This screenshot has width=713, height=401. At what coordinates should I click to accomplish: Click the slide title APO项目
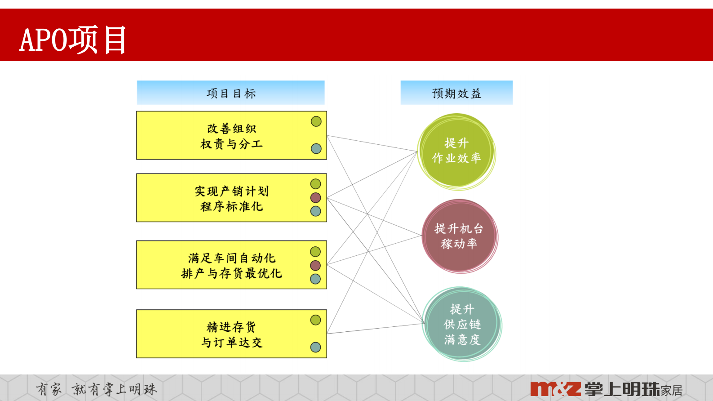[x=73, y=40]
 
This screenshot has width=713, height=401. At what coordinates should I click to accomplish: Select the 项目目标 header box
[x=230, y=93]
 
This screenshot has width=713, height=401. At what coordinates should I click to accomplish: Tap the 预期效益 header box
[x=456, y=93]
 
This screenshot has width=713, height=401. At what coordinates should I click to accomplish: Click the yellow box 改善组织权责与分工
[x=231, y=136]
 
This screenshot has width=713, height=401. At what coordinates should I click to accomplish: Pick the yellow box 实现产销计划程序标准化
[x=231, y=198]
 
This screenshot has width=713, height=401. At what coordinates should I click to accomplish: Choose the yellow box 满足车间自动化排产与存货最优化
[x=231, y=265]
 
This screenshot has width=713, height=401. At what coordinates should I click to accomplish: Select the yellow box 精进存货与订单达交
[x=231, y=334]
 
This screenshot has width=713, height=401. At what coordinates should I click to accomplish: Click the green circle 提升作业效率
[x=456, y=151]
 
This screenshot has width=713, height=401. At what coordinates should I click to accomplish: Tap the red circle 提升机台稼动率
[x=459, y=236]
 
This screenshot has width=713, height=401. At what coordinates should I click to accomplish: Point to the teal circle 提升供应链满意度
[x=462, y=324]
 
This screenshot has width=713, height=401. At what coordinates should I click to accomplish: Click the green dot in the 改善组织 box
[x=316, y=121]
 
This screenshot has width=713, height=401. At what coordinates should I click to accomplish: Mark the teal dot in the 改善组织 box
[x=316, y=149]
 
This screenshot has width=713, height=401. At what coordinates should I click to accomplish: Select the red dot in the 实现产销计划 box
[x=316, y=197]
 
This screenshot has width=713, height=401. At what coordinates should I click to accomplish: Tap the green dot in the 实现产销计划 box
[x=316, y=184]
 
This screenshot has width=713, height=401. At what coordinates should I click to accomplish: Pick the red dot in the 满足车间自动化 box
[x=315, y=265]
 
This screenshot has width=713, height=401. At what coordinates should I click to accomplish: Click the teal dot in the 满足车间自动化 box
[x=315, y=279]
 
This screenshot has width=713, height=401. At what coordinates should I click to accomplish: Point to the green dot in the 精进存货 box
[x=315, y=320]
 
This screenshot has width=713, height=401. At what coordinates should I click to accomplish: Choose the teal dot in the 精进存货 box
[x=315, y=347]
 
